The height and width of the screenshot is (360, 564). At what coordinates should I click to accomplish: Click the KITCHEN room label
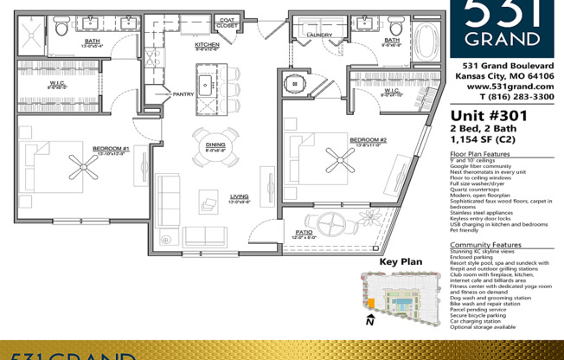[207, 43]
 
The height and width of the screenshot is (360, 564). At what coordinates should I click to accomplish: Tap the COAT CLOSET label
[228, 22]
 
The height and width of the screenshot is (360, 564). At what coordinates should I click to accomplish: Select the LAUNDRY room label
[319, 35]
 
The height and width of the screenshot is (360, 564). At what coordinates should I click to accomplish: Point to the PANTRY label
[183, 93]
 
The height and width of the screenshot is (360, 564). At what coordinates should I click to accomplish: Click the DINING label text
[215, 144]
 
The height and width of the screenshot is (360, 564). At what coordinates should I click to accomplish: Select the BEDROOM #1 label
[111, 149]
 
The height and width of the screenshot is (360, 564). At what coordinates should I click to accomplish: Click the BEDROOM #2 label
[368, 139]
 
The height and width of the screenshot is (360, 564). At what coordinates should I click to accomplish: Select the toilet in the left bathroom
[61, 29]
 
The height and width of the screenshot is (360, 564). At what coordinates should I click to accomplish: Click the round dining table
[214, 158]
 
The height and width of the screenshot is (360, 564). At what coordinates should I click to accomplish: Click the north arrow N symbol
[369, 323]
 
